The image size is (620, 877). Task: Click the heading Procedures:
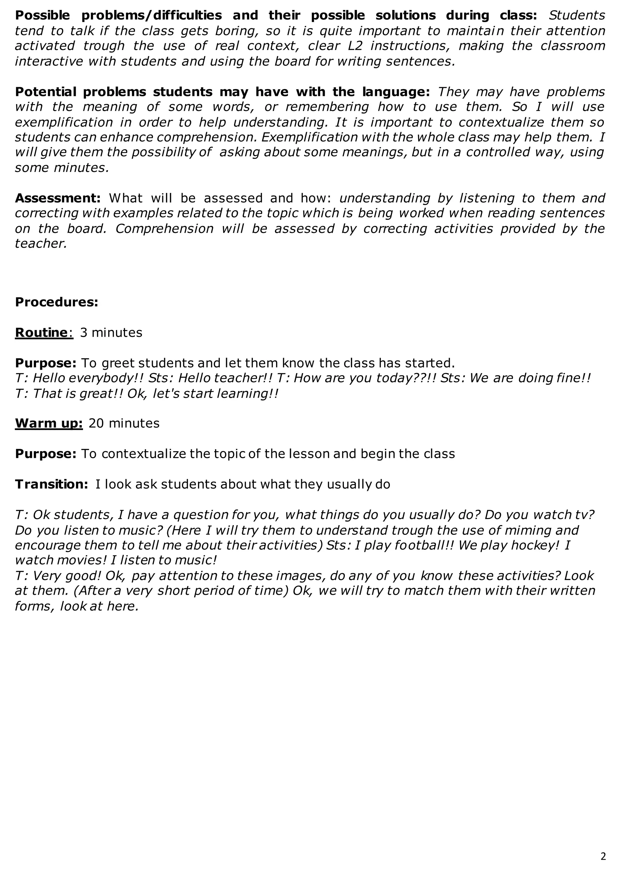click(x=57, y=302)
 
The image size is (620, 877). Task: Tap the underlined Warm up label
click(x=48, y=423)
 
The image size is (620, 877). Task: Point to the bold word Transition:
click(x=51, y=484)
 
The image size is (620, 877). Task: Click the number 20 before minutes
click(x=96, y=423)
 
